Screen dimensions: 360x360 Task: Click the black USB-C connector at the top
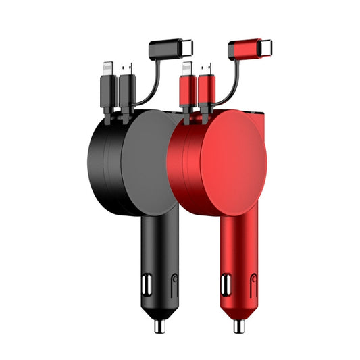pos(169,49)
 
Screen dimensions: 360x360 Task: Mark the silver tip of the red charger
pos(239,326)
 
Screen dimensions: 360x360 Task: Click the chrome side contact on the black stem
pos(145,282)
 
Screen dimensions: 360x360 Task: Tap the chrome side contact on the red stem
pos(225,282)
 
